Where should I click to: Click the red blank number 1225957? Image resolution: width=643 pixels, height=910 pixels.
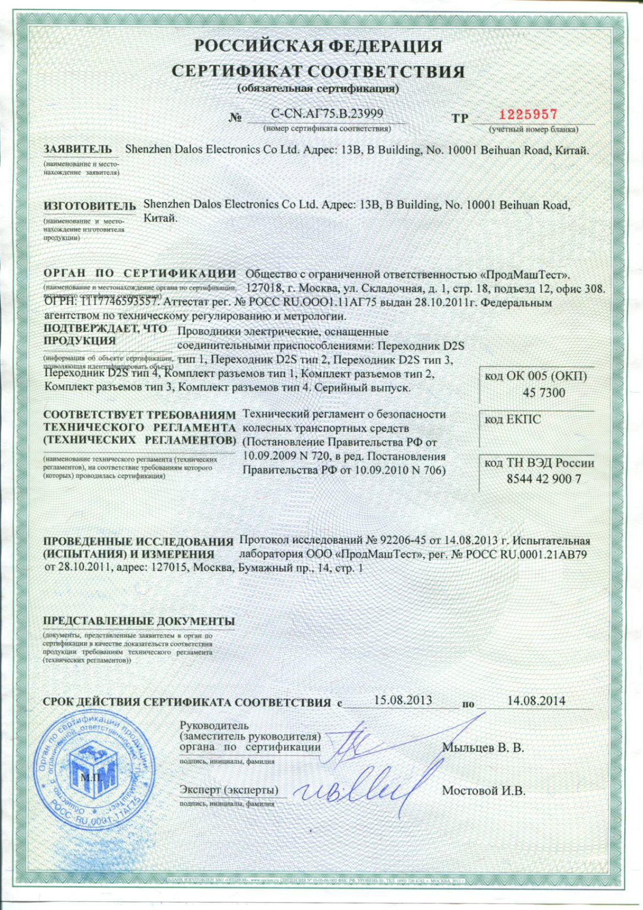(x=528, y=114)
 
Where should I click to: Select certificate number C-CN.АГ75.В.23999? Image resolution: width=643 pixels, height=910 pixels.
(x=327, y=114)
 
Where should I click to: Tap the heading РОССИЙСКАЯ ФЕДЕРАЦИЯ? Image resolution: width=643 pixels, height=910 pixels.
(x=318, y=46)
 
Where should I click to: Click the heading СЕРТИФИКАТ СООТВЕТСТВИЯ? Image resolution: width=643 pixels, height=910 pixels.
(x=318, y=71)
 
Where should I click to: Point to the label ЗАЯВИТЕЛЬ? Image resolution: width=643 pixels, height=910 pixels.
(x=78, y=149)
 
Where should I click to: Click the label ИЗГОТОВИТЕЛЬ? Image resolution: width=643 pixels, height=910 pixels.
(x=90, y=206)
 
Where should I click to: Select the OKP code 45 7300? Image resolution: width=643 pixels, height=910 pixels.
(x=544, y=393)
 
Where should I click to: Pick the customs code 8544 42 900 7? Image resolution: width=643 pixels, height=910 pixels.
(x=544, y=479)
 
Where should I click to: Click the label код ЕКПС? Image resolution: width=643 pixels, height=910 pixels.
(x=512, y=420)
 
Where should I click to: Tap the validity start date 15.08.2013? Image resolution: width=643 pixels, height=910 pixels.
(x=403, y=700)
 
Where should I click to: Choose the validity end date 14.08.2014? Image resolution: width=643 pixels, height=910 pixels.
(x=536, y=701)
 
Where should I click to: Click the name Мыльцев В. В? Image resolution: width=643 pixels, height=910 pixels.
(x=483, y=748)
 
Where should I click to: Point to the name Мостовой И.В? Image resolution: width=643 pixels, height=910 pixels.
(x=484, y=791)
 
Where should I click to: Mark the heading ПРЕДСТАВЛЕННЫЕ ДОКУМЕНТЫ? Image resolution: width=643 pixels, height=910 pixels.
(x=139, y=621)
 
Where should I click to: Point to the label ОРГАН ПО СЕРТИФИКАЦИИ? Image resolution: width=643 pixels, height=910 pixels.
(x=140, y=273)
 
